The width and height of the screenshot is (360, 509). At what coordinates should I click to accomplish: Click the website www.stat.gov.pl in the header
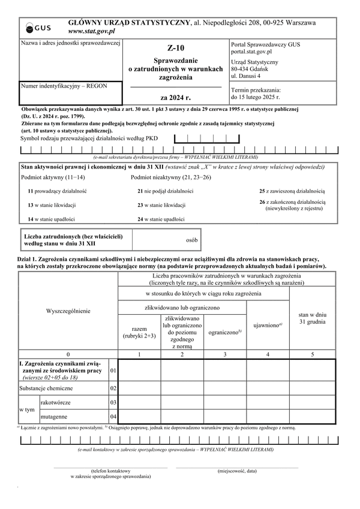click(x=92, y=31)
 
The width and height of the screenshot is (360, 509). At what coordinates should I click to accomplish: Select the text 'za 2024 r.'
click(x=176, y=97)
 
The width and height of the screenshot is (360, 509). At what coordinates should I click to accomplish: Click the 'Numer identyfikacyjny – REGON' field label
click(x=64, y=86)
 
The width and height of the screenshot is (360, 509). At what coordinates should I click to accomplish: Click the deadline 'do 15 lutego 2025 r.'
click(x=255, y=96)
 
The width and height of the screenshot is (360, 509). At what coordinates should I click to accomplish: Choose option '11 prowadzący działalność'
click(x=57, y=191)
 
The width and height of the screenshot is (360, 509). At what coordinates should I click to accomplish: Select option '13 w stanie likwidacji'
click(x=54, y=205)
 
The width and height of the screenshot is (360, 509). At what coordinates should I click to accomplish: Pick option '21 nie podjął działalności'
click(x=165, y=191)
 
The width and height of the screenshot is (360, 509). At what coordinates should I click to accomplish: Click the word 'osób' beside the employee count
click(x=192, y=240)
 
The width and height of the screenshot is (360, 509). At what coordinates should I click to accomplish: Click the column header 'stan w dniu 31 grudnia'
click(x=312, y=318)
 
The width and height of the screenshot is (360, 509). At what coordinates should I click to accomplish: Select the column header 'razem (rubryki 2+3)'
click(x=139, y=333)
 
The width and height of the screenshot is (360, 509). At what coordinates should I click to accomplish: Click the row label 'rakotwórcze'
click(x=58, y=402)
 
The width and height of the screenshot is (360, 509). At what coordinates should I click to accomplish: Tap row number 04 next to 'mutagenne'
click(x=113, y=416)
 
